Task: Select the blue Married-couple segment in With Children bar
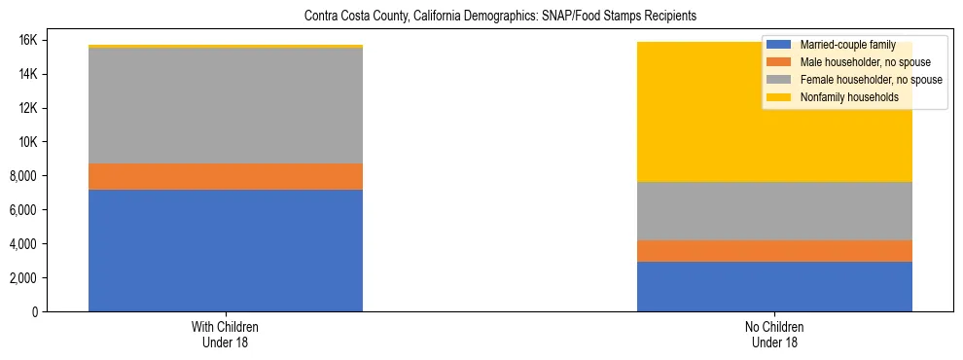coord(226,250)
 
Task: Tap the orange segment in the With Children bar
coord(226,176)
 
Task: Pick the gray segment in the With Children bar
coord(226,105)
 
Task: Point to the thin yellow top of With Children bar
coord(226,46)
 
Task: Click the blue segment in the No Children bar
coord(774,286)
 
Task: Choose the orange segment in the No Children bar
coord(774,251)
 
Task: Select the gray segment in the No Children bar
coord(774,211)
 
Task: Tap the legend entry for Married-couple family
coord(846,45)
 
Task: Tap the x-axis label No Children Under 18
coord(774,335)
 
